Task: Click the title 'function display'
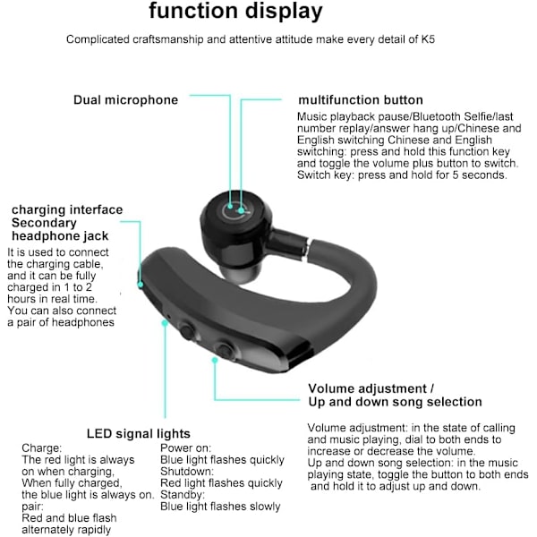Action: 235,12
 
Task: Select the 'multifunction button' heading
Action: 361,100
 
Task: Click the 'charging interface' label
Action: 67,210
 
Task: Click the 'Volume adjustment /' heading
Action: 371,388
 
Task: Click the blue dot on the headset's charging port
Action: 141,283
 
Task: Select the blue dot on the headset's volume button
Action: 215,360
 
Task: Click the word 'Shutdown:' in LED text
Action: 187,471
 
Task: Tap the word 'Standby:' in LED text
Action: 183,494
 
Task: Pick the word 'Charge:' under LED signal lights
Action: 42,447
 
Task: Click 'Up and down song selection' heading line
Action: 395,402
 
